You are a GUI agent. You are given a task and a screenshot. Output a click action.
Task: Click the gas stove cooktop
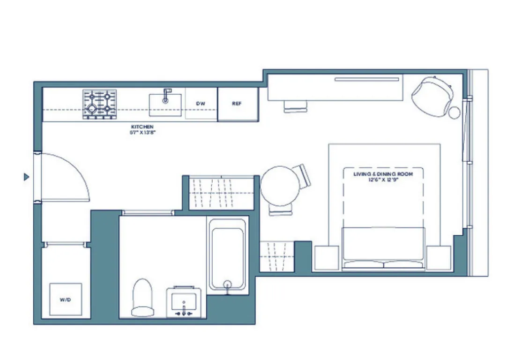[x=100, y=104]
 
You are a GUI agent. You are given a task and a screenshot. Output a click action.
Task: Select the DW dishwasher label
[x=201, y=104]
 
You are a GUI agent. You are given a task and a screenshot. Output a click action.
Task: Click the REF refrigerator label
[x=237, y=104]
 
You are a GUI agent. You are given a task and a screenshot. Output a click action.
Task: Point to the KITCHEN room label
[x=142, y=127]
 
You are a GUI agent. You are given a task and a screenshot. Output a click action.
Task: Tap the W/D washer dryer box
[x=66, y=300]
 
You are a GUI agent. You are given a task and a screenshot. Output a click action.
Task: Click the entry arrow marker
[x=27, y=177]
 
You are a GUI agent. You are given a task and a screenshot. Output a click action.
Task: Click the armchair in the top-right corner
[x=432, y=96]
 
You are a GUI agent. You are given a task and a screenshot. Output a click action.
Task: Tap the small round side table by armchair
[x=454, y=112]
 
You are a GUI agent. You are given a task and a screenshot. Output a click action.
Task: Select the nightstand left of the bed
[x=326, y=258]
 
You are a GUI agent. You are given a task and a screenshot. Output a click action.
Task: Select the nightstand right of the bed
[x=438, y=258]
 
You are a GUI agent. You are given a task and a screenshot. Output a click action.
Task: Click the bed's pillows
[x=383, y=265]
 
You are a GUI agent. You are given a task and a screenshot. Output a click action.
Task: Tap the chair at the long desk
[x=295, y=107]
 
